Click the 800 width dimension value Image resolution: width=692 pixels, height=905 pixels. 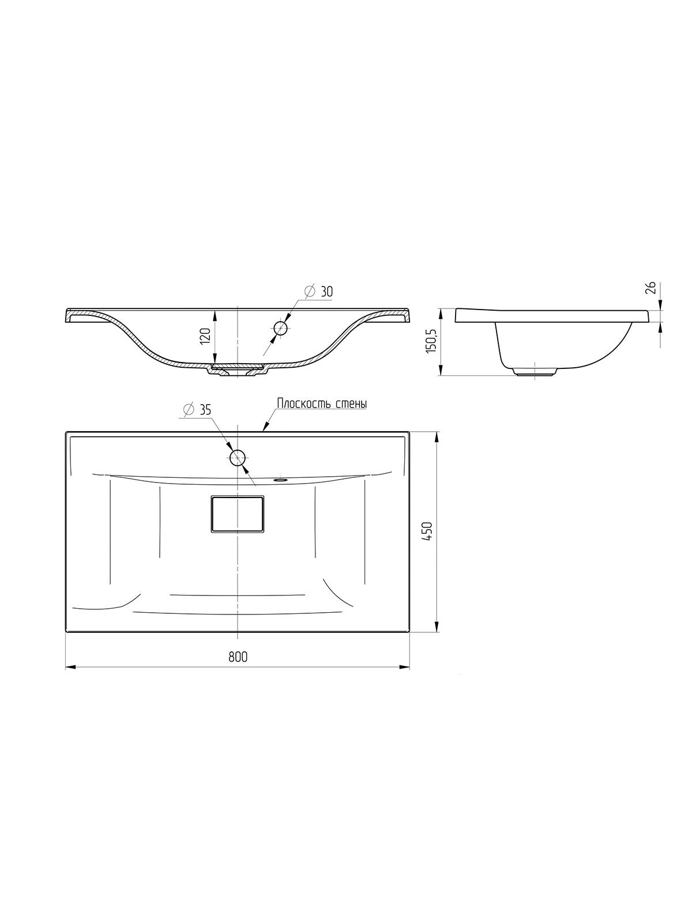coord(238,657)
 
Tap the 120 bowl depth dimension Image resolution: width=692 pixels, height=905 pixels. coord(206,335)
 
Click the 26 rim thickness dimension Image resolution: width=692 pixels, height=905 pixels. coord(650,288)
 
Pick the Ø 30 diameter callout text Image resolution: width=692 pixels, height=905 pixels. coord(318,292)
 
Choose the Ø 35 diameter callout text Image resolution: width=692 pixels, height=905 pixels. coord(197,409)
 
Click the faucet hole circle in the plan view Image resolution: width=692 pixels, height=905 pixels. coord(238,457)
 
